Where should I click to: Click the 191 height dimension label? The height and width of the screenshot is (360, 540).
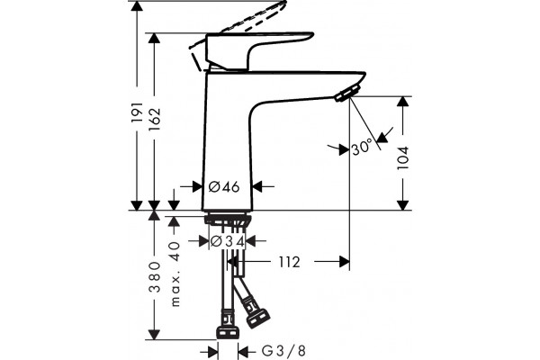tap(138, 112)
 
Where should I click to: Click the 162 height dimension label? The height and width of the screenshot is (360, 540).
tap(155, 119)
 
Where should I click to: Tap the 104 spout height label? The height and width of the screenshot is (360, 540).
tap(402, 157)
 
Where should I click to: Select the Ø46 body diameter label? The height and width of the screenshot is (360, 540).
tap(224, 186)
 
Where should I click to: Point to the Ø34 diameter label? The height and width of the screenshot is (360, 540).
tap(228, 241)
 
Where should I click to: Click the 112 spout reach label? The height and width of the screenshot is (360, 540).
tap(289, 262)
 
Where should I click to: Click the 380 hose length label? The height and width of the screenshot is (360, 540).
tap(155, 277)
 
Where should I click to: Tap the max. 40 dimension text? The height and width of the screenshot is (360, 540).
tap(175, 274)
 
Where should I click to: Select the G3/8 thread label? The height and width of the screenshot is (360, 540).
tap(283, 351)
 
